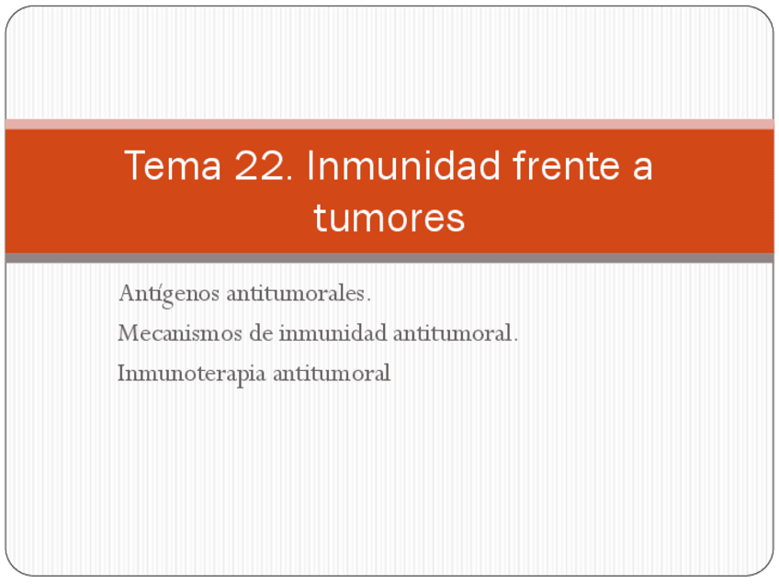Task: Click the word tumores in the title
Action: [x=389, y=219]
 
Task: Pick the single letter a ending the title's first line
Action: [x=642, y=168]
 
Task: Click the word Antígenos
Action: [x=169, y=295]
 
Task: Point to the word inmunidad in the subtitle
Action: [x=333, y=334]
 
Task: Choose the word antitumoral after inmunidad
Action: [x=456, y=334]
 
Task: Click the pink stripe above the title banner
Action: [x=389, y=124]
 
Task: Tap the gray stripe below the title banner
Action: [x=389, y=258]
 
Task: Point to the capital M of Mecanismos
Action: [x=127, y=334]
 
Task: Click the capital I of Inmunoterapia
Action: [x=121, y=374]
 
